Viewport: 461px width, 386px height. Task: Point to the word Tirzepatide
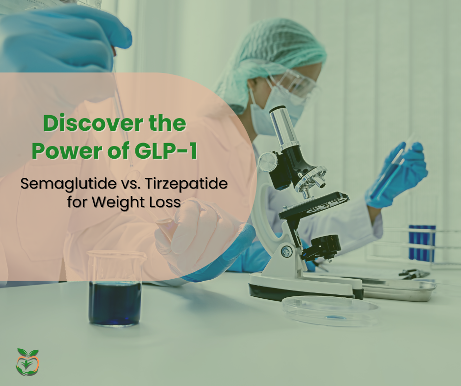(x=186, y=184)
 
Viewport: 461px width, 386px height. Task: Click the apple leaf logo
(x=27, y=362)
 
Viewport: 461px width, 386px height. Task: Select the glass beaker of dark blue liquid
(x=115, y=289)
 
